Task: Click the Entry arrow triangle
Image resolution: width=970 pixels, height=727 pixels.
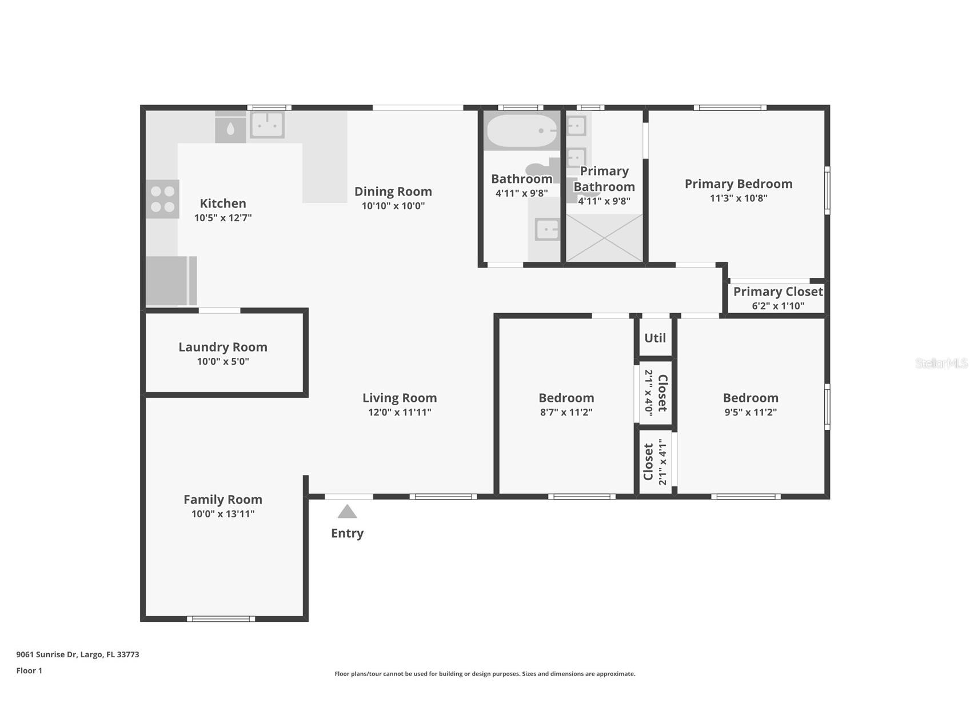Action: tap(347, 512)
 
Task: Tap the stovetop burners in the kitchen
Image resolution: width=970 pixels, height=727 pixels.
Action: tap(162, 199)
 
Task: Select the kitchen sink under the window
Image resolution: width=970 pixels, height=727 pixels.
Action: tap(267, 124)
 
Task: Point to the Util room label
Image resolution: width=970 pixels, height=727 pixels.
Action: tap(655, 338)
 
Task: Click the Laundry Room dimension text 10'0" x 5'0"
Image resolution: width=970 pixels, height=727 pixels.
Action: tap(223, 361)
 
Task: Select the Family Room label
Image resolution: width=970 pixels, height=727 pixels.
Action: tap(223, 500)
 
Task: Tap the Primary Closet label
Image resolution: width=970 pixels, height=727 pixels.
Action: tap(778, 291)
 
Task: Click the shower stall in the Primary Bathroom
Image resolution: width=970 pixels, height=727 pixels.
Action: tap(604, 238)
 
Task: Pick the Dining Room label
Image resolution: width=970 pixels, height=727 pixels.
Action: tap(393, 191)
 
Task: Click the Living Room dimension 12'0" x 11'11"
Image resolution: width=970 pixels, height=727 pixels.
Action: tap(400, 412)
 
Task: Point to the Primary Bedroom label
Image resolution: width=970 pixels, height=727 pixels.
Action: tap(739, 184)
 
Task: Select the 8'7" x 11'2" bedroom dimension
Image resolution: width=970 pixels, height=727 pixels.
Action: tap(566, 412)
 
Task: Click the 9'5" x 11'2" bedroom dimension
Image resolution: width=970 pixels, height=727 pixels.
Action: tap(751, 412)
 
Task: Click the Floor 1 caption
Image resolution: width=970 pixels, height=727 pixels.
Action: tap(29, 670)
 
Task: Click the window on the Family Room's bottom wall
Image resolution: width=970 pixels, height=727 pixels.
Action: tap(221, 618)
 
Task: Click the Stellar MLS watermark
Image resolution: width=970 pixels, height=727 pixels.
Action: tap(941, 363)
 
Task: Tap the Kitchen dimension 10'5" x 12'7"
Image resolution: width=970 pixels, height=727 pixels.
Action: tap(223, 218)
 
